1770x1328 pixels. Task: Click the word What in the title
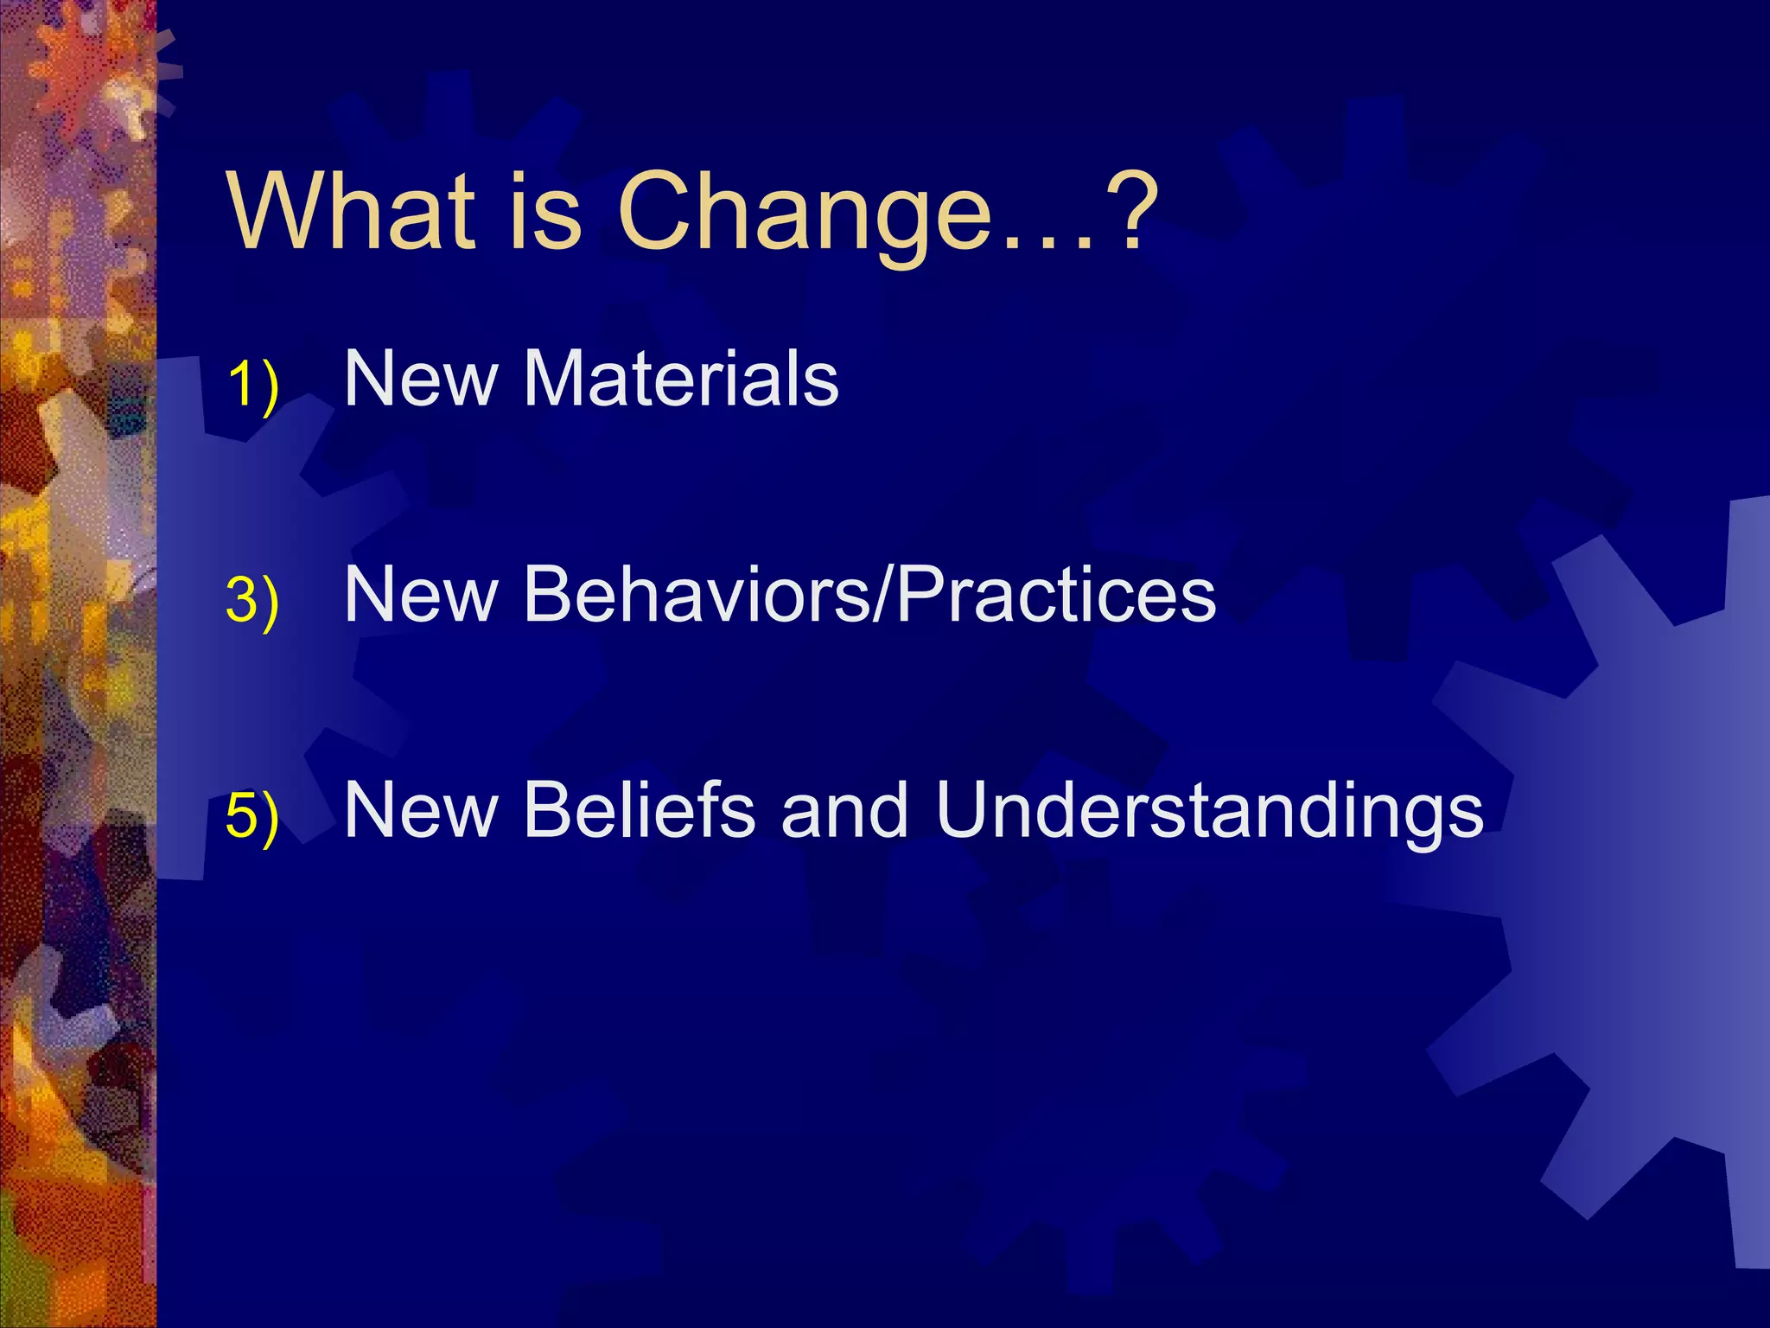click(352, 211)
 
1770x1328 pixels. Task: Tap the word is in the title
click(544, 211)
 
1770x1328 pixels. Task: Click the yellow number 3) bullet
click(252, 600)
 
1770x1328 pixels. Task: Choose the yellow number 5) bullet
click(252, 816)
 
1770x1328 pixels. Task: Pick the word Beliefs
click(640, 810)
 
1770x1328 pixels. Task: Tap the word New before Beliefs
click(422, 810)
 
